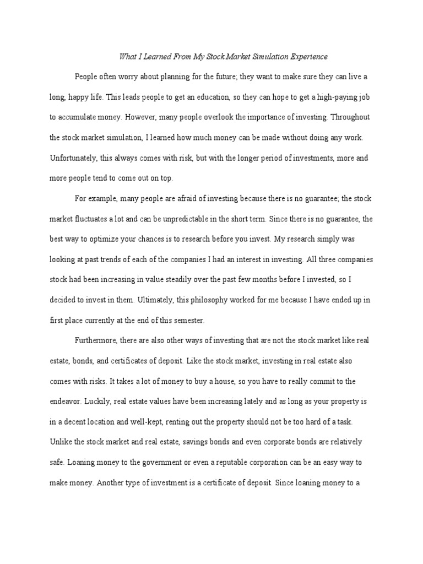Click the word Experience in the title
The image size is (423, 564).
307,56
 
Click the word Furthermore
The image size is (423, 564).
97,341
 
